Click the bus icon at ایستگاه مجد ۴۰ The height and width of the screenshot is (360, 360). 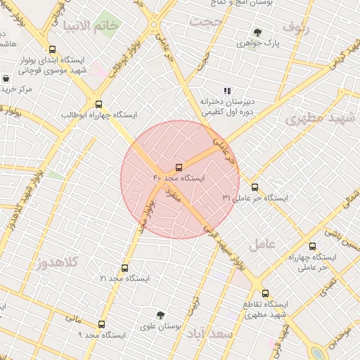[179, 167]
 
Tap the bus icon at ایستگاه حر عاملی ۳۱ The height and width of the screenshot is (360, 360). [255, 187]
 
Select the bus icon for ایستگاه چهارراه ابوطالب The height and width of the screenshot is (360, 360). [98, 103]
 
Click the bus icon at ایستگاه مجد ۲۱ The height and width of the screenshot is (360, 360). [125, 268]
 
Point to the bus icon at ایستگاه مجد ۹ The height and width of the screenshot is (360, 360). [102, 324]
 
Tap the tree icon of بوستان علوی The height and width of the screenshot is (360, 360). [161, 314]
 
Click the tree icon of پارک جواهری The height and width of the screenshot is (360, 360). [257, 32]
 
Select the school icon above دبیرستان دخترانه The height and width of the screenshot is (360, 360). [226, 91]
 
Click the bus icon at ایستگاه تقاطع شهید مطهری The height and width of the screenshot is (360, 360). [265, 293]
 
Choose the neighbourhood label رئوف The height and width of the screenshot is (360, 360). [295, 26]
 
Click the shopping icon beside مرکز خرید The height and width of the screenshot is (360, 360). [6, 78]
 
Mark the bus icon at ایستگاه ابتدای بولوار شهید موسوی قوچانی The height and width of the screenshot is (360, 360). [53, 49]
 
